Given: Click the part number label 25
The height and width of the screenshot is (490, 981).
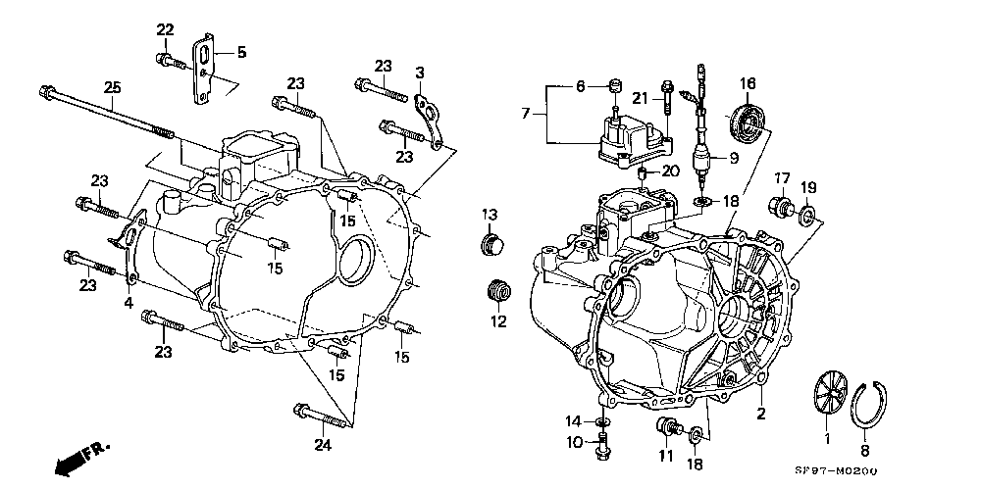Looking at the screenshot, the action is click(112, 88).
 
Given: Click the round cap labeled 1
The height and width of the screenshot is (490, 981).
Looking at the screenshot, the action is click(830, 393).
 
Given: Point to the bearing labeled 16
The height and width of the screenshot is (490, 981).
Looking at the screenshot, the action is click(747, 122).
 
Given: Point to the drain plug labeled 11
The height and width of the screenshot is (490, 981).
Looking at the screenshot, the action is click(668, 427).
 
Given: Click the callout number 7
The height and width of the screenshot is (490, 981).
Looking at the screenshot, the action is click(526, 113).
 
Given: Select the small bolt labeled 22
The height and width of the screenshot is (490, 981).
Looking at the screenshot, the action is click(172, 61).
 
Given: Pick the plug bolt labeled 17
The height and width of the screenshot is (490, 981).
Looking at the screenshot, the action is click(781, 206).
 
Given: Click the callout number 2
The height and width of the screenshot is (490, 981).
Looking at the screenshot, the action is click(761, 414).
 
